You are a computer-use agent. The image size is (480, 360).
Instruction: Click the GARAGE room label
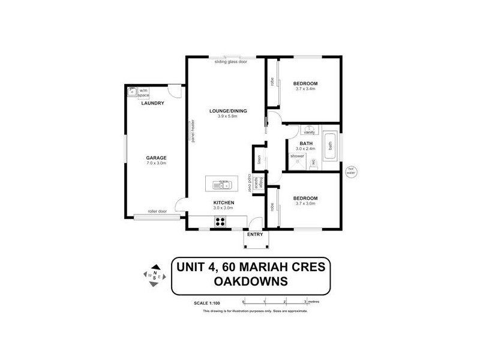[156, 158]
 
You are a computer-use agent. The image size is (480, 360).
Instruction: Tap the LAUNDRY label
[152, 103]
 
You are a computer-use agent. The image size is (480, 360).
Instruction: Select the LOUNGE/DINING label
[227, 111]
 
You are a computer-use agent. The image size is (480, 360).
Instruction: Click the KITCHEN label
[223, 203]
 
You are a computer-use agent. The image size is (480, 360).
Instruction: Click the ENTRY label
[255, 235]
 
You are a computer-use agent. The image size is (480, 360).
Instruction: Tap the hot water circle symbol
[352, 170]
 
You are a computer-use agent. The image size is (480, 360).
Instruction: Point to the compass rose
[155, 275]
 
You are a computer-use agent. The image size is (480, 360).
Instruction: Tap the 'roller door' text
[159, 211]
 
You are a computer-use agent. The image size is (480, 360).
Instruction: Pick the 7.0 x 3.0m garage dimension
[156, 163]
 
